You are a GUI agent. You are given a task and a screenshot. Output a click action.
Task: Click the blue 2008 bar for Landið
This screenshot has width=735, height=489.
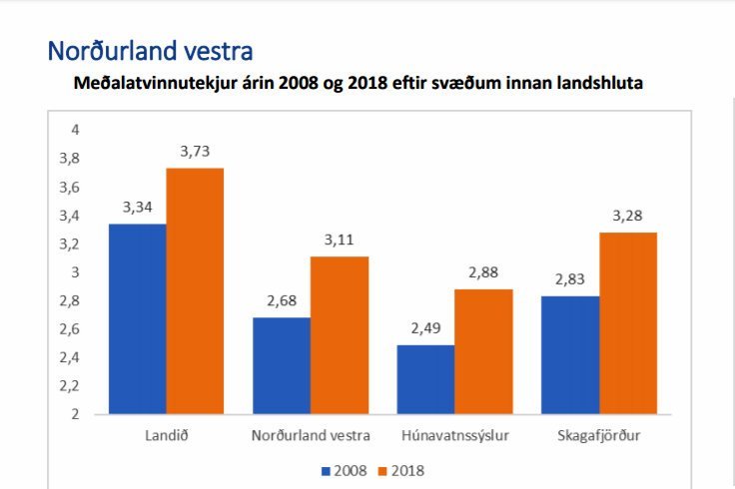[x=138, y=318]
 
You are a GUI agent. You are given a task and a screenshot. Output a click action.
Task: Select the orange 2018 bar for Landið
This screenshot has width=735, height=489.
[x=195, y=290]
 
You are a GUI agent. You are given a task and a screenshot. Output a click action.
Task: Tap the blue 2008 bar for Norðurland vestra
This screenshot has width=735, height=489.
[x=282, y=365]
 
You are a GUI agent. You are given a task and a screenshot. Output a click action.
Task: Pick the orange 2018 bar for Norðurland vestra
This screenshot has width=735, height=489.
[x=339, y=334]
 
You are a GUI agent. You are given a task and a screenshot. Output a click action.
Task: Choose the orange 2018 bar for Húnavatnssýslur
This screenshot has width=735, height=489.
[x=483, y=351]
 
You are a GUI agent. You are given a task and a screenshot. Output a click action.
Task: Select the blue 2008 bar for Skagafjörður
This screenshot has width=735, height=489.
[x=570, y=354]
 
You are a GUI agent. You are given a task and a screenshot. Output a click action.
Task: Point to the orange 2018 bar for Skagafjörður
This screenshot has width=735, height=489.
[x=627, y=322]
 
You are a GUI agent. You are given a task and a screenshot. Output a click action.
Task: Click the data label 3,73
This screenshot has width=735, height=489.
[x=195, y=152]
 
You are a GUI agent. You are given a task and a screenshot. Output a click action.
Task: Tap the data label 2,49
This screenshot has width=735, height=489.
[x=425, y=328]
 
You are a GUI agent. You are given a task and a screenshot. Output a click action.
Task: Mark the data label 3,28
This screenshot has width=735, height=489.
[x=627, y=216]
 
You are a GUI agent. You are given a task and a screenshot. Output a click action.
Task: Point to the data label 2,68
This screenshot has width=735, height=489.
[x=282, y=301]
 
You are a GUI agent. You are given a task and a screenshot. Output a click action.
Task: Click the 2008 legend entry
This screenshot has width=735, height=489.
[x=344, y=468]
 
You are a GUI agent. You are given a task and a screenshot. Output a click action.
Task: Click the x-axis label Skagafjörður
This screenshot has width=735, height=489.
[x=599, y=435]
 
